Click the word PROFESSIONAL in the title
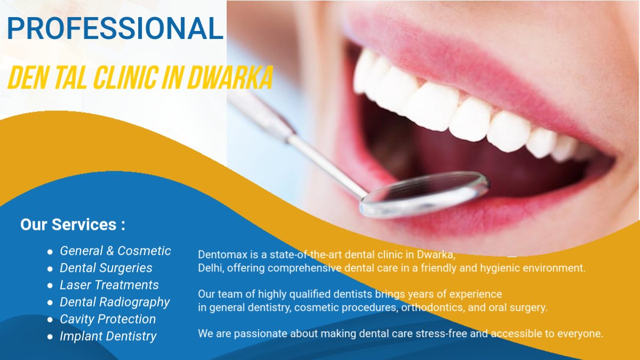pyautogui.click(x=115, y=28)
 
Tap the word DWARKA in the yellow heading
pyautogui.click(x=230, y=77)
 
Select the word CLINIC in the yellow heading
pyautogui.click(x=126, y=77)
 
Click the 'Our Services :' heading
pyautogui.click(x=73, y=225)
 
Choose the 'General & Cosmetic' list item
pyautogui.click(x=115, y=251)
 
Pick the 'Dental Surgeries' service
pyautogui.click(x=106, y=268)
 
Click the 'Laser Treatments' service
pyautogui.click(x=109, y=285)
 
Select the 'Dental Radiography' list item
pyautogui.click(x=115, y=302)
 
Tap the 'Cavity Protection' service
pyautogui.click(x=108, y=319)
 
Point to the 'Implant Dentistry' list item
pyautogui.click(x=108, y=337)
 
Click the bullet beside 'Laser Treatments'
pyautogui.click(x=50, y=286)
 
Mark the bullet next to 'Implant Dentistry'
pyautogui.click(x=50, y=337)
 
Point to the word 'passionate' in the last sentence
pyautogui.click(x=261, y=334)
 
